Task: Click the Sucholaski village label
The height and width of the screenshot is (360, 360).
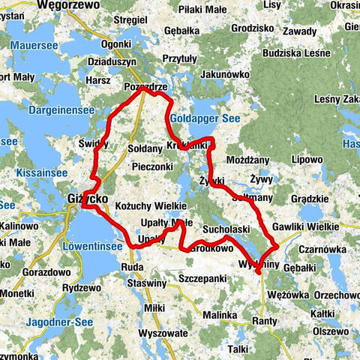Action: coord(226,227)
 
